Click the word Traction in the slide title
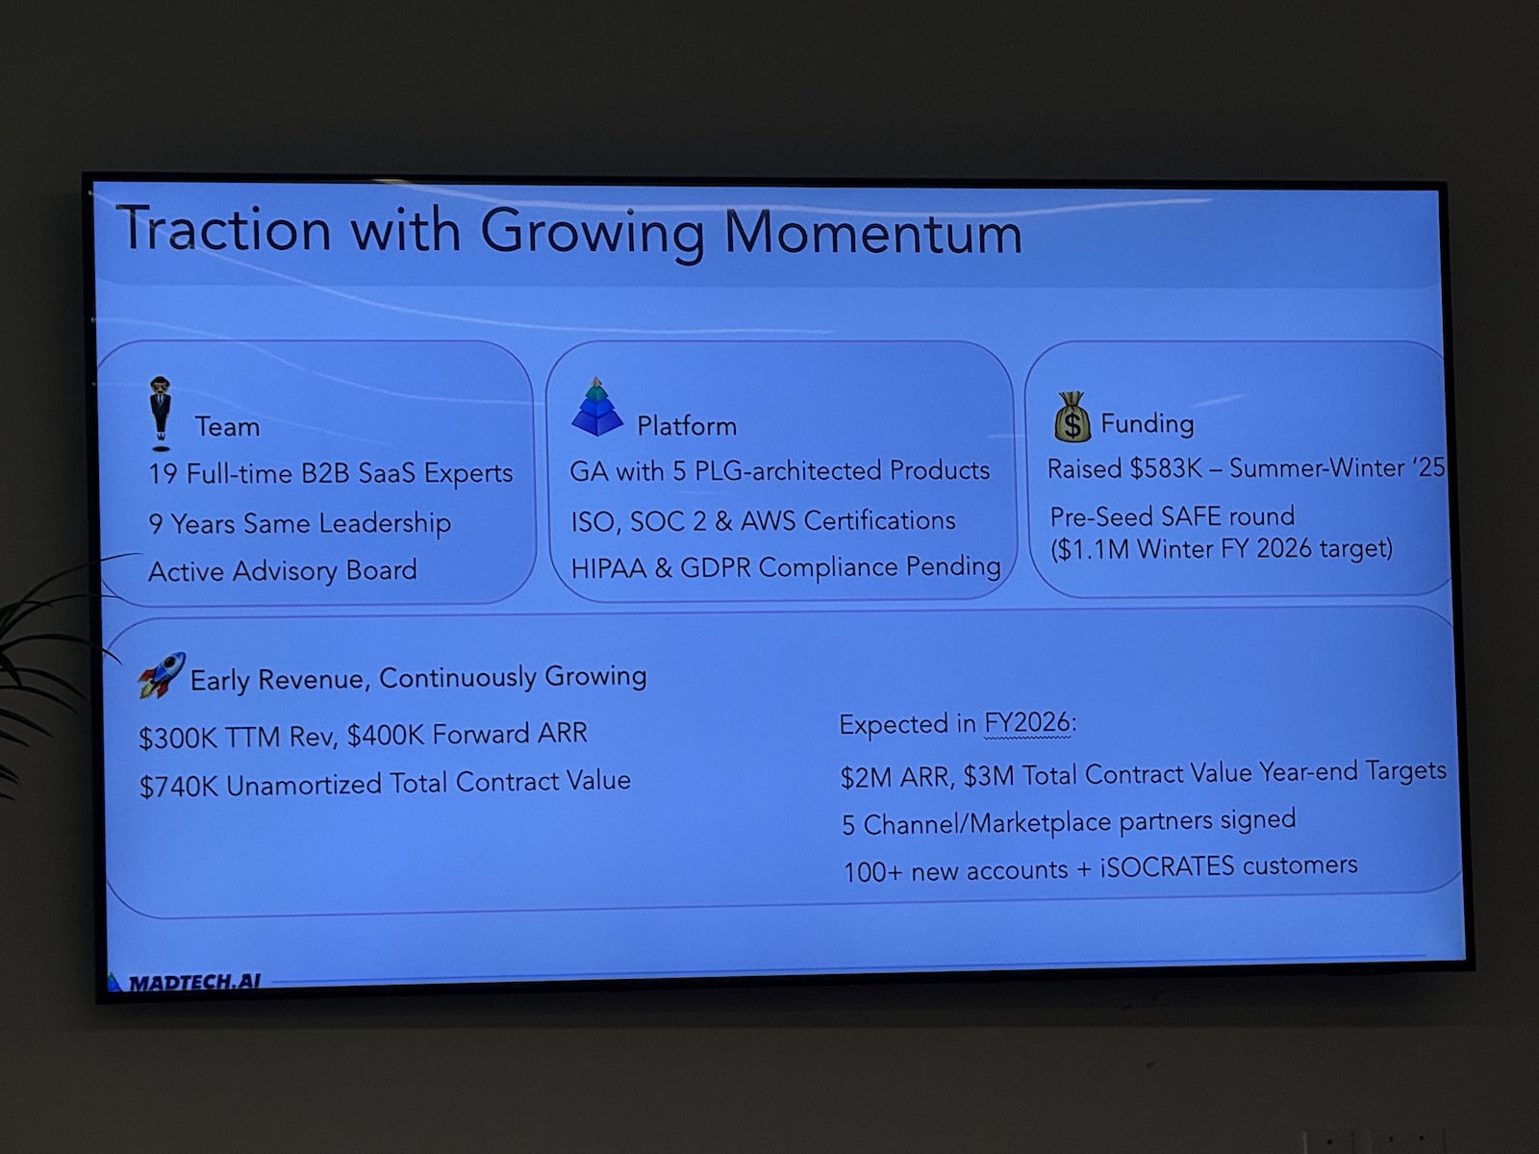[224, 228]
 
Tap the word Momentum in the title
[872, 233]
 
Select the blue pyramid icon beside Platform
[596, 407]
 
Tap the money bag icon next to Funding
[1072, 416]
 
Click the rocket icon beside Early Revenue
[162, 675]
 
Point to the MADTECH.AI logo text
[194, 982]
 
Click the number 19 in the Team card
[163, 474]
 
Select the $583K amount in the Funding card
[1165, 468]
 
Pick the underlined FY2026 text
[1027, 723]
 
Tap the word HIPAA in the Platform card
[609, 568]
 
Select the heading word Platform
[687, 426]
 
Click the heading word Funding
[1148, 424]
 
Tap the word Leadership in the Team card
[384, 523]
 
